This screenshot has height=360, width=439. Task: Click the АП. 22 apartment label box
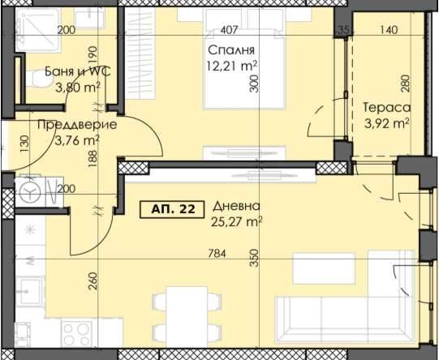tap(173, 209)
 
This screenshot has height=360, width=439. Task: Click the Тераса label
tap(386, 108)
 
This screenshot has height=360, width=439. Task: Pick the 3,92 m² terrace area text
tap(386, 124)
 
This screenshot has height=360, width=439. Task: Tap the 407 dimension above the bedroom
tap(229, 31)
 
